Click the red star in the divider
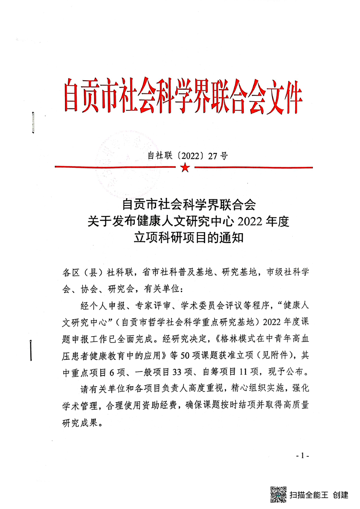[x=184, y=168]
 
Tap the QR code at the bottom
[x=278, y=494]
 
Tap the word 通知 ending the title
[x=233, y=238]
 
